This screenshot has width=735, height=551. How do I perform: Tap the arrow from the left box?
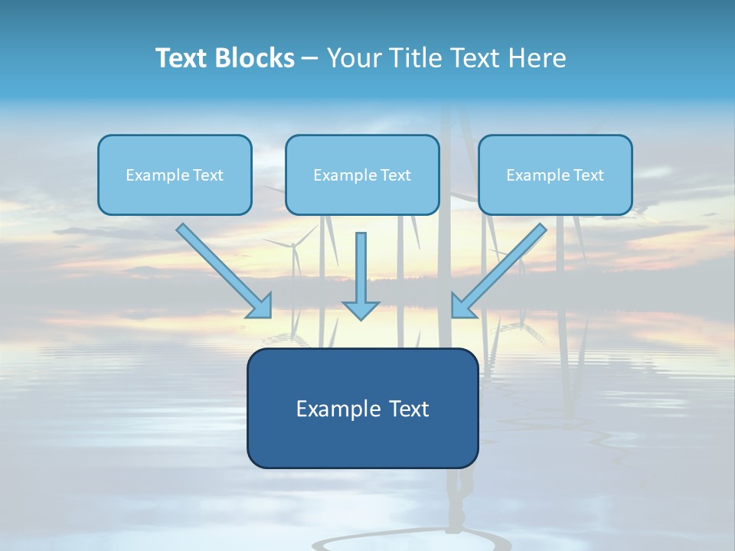point(222,269)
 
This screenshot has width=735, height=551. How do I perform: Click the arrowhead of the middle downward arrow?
point(361,310)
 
